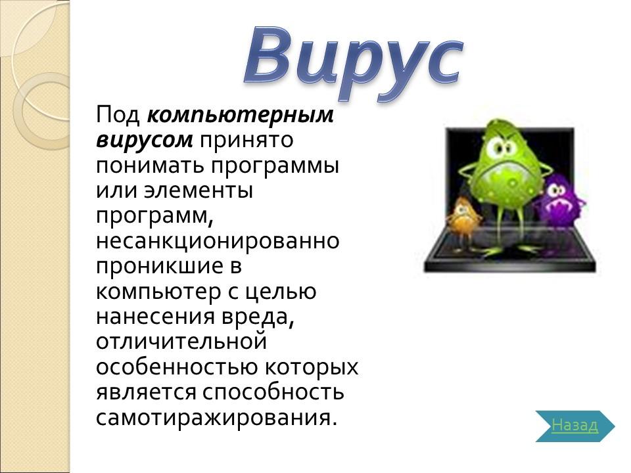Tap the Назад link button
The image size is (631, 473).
(574, 426)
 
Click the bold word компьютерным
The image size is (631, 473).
(241, 115)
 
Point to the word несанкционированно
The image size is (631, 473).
(218, 240)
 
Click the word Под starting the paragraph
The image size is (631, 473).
(118, 115)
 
